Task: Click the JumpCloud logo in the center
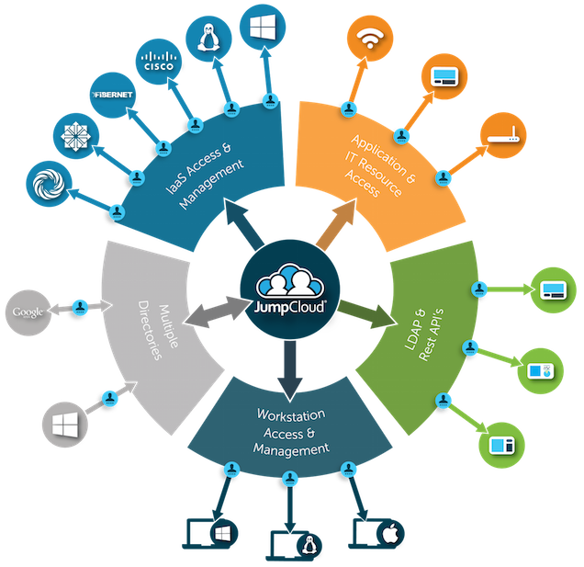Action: click(290, 289)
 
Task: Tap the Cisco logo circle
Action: click(159, 62)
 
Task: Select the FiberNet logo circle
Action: click(113, 95)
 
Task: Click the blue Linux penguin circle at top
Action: click(208, 39)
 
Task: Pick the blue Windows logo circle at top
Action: click(263, 28)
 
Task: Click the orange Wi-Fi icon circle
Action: click(370, 39)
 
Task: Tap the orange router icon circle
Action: click(503, 135)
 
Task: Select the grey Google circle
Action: click(28, 312)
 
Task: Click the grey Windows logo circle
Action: click(65, 425)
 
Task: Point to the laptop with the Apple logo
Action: click(376, 533)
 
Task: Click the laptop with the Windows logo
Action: click(210, 533)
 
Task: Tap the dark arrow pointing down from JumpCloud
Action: click(290, 370)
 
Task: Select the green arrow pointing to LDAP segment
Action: click(366, 313)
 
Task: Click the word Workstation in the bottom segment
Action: click(291, 414)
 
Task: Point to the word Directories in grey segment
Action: click(150, 330)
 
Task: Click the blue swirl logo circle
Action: click(49, 184)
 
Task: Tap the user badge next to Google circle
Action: click(80, 308)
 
